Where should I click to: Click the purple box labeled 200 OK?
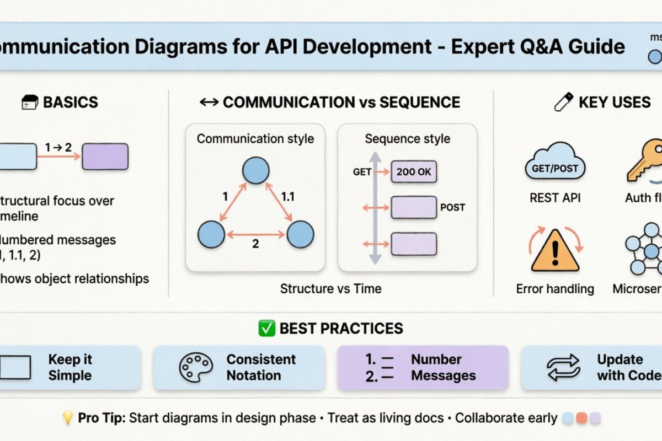(x=414, y=171)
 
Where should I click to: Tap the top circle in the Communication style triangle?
(x=256, y=170)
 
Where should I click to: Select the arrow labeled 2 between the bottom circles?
(x=256, y=234)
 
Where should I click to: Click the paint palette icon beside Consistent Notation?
(x=196, y=368)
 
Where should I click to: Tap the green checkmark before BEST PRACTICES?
(x=267, y=329)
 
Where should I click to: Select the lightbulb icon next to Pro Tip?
(x=67, y=418)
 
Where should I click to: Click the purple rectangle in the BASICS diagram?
(x=105, y=157)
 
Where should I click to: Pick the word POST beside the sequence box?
(x=452, y=208)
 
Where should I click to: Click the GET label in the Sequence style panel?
(x=362, y=172)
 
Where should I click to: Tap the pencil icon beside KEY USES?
(x=563, y=102)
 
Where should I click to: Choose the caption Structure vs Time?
(x=330, y=288)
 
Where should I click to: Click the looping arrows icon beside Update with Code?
(x=563, y=368)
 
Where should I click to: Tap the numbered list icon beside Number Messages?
(x=380, y=368)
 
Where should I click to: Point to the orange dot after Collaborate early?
(x=581, y=419)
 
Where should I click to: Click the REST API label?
(x=555, y=197)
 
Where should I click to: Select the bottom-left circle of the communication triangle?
(x=211, y=234)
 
